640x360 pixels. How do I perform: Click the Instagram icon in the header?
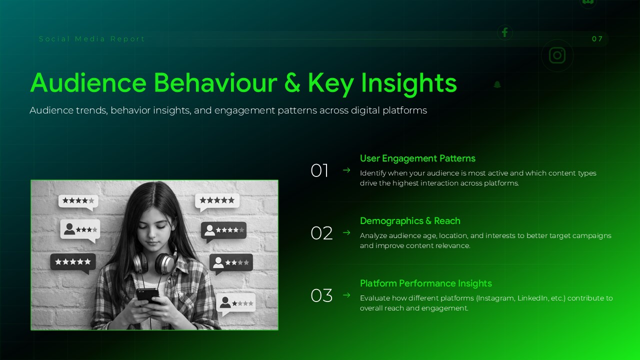(x=557, y=55)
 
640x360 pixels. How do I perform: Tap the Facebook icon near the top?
(x=504, y=32)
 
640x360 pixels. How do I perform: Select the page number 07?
(x=597, y=39)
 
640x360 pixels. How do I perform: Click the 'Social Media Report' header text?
(x=92, y=39)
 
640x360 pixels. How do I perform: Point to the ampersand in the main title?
(x=292, y=83)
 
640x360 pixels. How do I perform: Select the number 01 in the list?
(x=319, y=171)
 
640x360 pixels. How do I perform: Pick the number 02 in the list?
(x=321, y=233)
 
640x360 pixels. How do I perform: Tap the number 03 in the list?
(x=321, y=296)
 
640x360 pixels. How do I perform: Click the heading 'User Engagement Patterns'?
(x=417, y=158)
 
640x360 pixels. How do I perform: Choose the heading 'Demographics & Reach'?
(x=410, y=221)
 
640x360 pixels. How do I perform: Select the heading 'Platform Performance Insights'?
(x=426, y=283)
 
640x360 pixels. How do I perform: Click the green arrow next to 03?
(x=346, y=295)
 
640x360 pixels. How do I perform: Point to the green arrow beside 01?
(x=346, y=170)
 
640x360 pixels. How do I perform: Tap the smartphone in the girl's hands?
(x=147, y=295)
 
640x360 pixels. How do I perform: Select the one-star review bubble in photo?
(x=236, y=303)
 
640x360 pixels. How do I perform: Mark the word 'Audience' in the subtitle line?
(x=50, y=110)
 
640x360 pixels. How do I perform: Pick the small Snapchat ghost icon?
(x=497, y=84)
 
